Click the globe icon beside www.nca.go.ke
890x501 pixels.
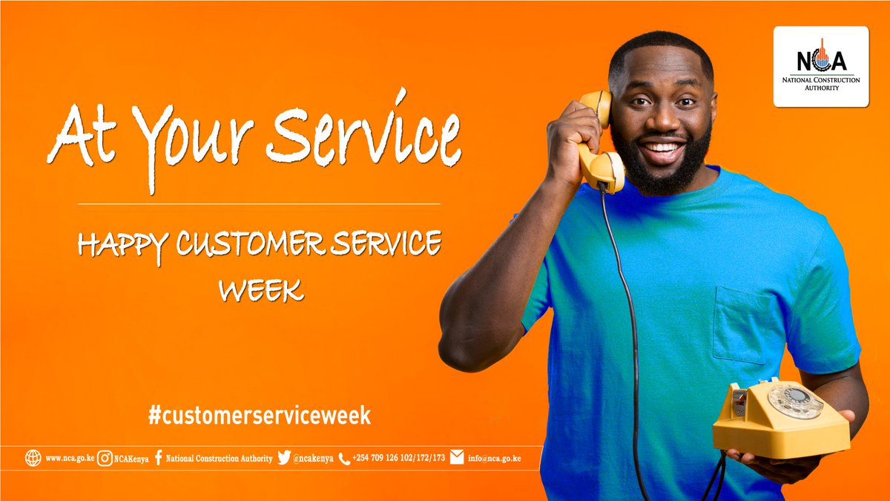(33, 458)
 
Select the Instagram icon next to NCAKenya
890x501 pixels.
(106, 458)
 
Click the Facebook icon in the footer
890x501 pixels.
(159, 458)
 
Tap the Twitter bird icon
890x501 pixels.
(284, 458)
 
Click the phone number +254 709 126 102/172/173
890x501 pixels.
(398, 458)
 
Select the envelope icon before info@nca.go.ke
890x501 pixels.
(457, 457)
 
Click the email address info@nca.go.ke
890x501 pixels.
(495, 458)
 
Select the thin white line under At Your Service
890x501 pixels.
(259, 203)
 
